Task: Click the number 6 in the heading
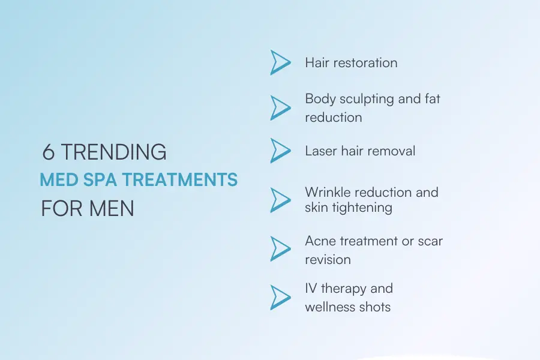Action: click(49, 152)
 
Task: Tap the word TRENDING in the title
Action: click(113, 152)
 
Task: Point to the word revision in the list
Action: click(328, 260)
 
